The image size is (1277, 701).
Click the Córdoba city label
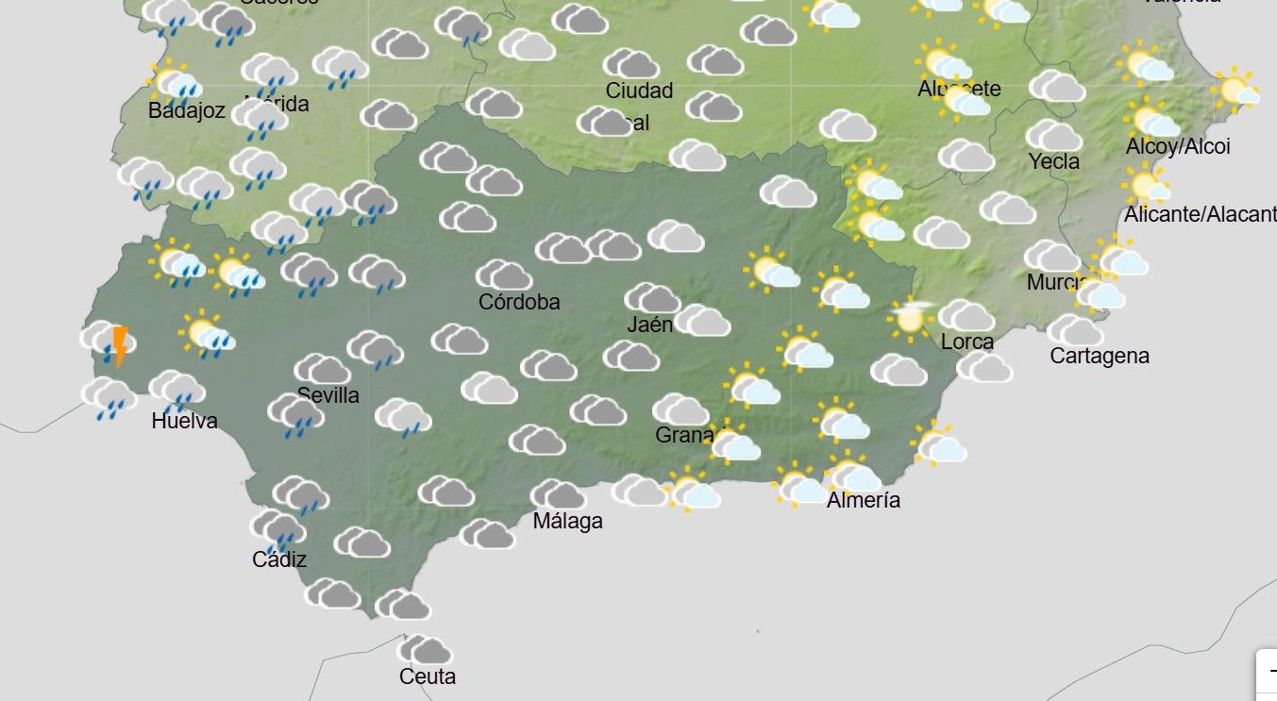[519, 302]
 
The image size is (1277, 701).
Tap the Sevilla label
[328, 395]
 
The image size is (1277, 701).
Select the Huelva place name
[184, 421]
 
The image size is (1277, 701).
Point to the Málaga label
[567, 521]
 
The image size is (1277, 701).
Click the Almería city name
[863, 500]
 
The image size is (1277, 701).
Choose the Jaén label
[650, 325]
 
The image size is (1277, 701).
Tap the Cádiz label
[279, 559]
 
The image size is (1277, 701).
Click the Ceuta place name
[428, 676]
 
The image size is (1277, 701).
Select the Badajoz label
[187, 111]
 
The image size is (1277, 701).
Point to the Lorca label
[966, 342]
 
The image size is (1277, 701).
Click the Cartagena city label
[1100, 356]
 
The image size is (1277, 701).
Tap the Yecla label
[1053, 161]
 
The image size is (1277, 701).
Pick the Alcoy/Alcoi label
[1178, 147]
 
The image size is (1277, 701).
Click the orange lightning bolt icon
[119, 345]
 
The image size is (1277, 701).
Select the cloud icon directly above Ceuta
[424, 650]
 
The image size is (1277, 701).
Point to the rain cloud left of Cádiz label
[277, 529]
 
